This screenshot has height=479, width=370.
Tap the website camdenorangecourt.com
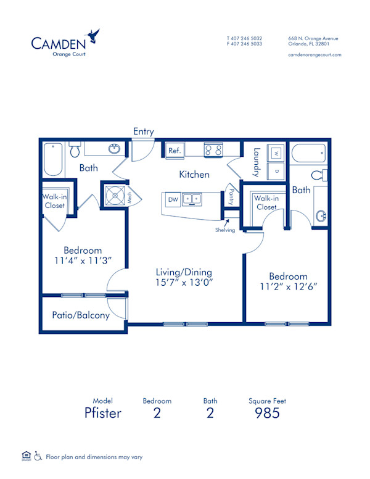coord(314,54)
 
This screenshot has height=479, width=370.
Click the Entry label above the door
coord(144,131)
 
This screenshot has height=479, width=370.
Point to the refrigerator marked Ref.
coord(174,150)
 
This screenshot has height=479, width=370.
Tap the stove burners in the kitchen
coord(213,150)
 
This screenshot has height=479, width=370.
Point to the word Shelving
coord(225,230)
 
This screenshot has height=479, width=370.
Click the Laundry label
coord(257,162)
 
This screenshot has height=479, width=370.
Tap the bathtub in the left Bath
coord(52,159)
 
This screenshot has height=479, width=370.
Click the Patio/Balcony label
coord(81,315)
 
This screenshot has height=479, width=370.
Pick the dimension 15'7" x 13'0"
coord(185,283)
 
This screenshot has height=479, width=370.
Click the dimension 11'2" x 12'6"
coord(288,288)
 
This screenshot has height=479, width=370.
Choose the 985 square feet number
coord(267,413)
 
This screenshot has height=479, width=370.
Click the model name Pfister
coord(102,413)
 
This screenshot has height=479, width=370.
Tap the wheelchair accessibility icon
coord(37,457)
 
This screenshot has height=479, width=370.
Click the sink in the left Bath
coord(113,149)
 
